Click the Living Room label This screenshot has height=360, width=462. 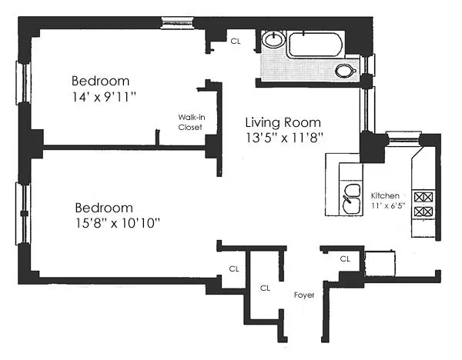click(283, 122)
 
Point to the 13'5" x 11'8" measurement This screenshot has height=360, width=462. click(283, 138)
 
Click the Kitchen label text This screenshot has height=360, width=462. click(385, 195)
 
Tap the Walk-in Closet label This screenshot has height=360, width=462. click(190, 122)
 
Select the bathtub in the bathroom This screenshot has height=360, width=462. click(317, 44)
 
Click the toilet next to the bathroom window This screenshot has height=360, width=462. click(346, 72)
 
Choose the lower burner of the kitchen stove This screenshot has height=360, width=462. click(423, 211)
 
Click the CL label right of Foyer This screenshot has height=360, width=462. click(345, 259)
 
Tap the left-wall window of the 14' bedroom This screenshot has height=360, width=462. click(21, 82)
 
